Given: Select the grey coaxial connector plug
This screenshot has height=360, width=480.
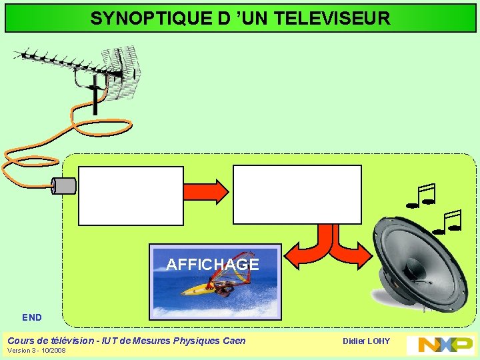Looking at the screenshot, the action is [65, 185].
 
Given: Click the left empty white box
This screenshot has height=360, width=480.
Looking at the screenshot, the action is [131, 195].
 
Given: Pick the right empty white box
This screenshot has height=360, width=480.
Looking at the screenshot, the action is [297, 194].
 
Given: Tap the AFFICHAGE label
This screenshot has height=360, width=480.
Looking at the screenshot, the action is [213, 265].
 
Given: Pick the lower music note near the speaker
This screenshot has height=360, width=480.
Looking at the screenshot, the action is [447, 222].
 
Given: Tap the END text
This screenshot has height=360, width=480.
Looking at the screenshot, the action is [32, 318].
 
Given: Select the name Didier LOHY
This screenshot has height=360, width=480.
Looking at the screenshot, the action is [366, 341].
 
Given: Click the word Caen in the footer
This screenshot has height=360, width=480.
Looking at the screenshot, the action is [234, 341].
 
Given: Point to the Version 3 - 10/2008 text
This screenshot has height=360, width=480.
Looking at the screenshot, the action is [37, 351].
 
